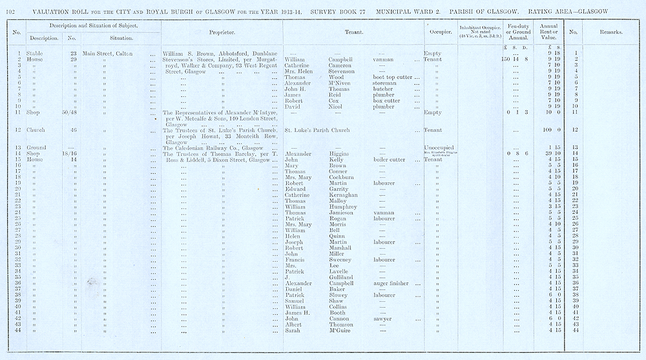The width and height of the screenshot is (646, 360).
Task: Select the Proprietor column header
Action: tap(222, 31)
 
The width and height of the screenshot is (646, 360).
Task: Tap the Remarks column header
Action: tap(610, 31)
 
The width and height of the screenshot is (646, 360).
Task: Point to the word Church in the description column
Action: tap(36, 130)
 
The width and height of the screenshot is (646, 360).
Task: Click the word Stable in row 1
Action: tap(35, 54)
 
